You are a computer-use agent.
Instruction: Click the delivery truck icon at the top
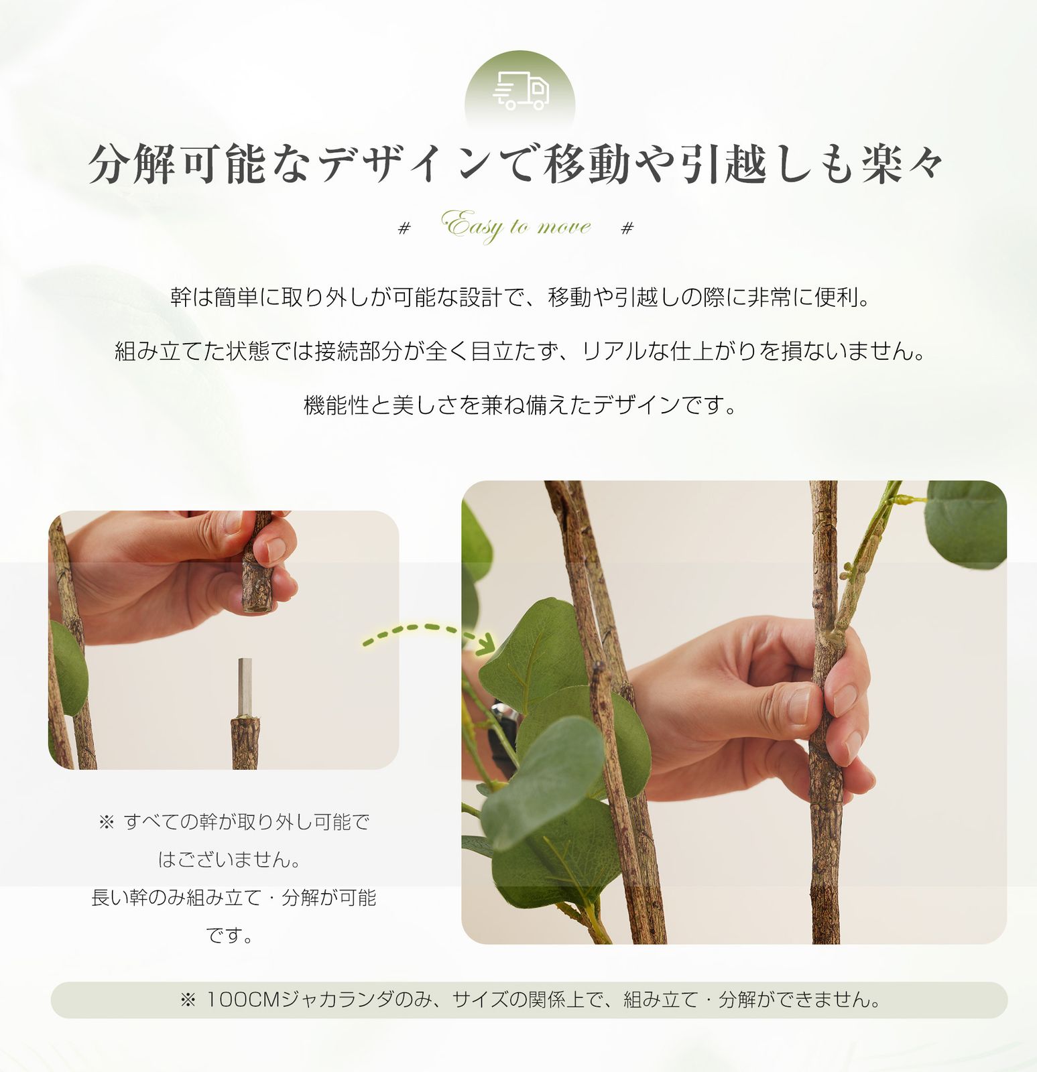tap(520, 92)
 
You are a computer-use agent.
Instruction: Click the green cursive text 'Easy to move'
tap(516, 226)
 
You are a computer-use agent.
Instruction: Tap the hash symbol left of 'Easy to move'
tap(404, 228)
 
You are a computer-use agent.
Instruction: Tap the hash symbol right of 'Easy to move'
tap(627, 228)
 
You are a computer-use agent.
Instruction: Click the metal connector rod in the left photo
tap(245, 687)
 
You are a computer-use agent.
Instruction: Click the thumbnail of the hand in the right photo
tap(798, 703)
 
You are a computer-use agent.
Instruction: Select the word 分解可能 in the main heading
tap(178, 164)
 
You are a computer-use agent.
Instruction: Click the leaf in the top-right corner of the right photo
tap(965, 523)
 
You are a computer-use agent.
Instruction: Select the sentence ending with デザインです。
tap(520, 405)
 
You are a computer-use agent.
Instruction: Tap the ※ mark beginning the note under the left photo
tap(107, 822)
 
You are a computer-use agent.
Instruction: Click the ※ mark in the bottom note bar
tap(188, 1000)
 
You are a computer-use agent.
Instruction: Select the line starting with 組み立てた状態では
tap(520, 351)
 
